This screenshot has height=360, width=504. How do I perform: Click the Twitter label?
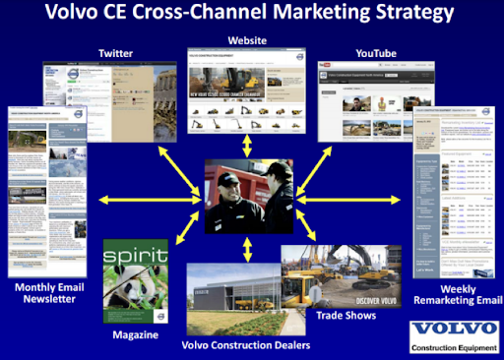tap(116, 51)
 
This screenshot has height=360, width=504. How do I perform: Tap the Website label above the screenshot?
tap(250, 38)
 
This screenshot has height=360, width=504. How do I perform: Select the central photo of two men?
tap(251, 194)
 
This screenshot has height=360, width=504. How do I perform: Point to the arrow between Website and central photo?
tap(250, 144)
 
